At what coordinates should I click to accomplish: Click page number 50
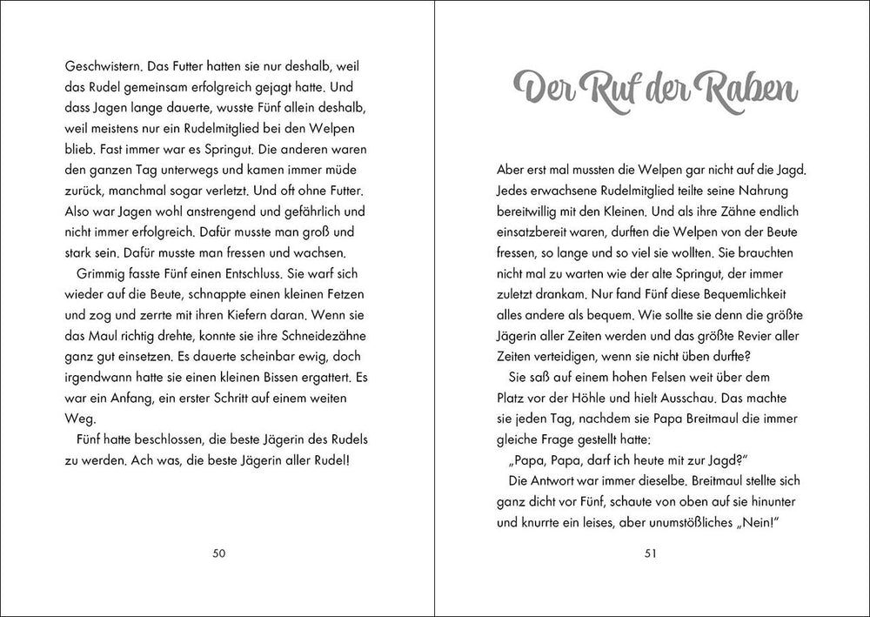point(218,553)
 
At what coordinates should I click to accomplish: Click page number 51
point(651,553)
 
